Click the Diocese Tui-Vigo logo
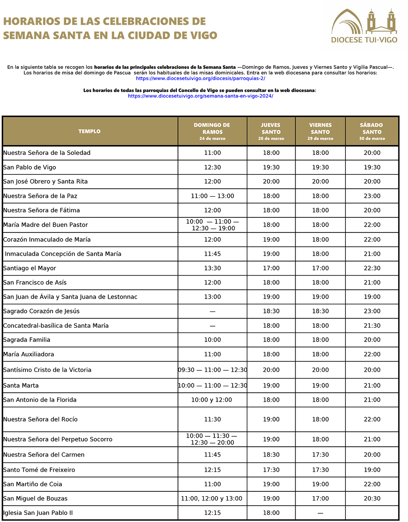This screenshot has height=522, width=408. click(364, 25)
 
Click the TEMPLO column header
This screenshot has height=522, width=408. click(89, 131)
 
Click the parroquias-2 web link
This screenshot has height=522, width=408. click(200, 78)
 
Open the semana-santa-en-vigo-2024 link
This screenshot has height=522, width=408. click(200, 96)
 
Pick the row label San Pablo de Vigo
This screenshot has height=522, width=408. click(29, 167)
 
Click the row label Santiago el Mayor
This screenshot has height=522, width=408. click(29, 268)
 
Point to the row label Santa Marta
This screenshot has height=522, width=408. click(21, 385)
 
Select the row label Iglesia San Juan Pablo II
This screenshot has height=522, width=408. click(38, 513)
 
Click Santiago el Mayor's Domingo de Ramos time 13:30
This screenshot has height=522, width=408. click(212, 268)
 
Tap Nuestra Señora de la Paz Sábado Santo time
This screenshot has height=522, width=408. click(372, 196)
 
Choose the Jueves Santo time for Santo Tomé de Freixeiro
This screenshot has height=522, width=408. click(271, 470)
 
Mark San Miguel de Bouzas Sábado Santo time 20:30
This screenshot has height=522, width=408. click(372, 499)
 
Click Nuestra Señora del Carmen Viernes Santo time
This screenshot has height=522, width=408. click(320, 455)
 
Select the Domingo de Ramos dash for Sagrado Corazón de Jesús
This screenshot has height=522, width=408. click(212, 311)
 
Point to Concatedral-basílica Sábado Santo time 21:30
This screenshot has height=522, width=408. click(372, 326)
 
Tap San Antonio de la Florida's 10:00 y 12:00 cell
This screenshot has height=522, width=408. click(212, 400)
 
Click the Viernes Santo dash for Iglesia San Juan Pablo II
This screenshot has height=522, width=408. click(320, 513)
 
